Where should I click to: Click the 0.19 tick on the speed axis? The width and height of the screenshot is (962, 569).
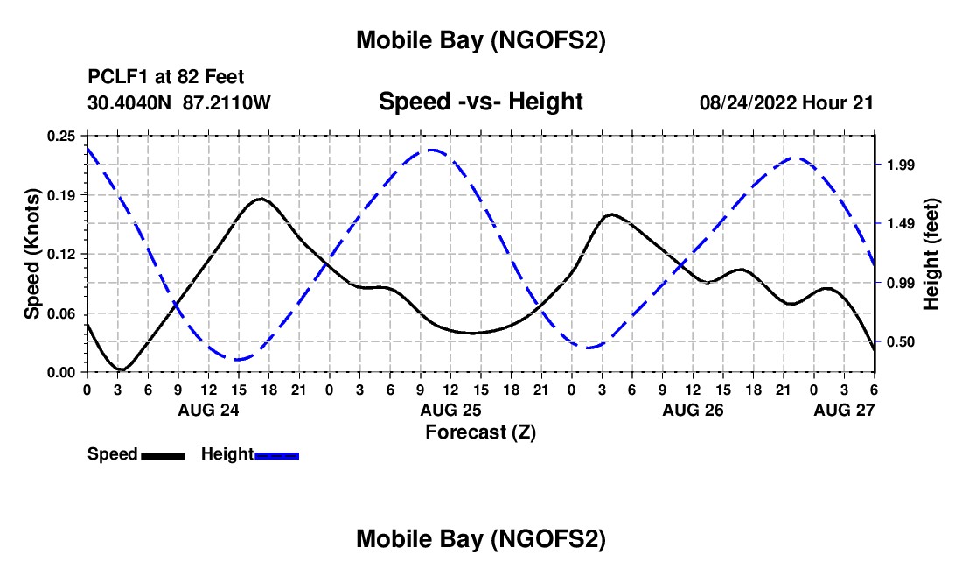click(64, 194)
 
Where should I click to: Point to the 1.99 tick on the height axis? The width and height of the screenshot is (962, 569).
click(900, 165)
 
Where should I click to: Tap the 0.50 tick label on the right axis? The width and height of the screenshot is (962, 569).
click(900, 342)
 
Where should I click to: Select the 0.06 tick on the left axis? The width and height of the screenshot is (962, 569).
click(64, 313)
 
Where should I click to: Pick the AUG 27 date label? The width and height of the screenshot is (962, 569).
click(843, 410)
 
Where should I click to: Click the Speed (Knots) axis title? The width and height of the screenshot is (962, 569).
click(32, 253)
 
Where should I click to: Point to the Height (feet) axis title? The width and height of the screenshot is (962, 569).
click(932, 253)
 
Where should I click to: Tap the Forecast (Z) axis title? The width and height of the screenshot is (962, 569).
click(480, 432)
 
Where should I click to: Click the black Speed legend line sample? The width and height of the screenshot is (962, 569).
click(163, 455)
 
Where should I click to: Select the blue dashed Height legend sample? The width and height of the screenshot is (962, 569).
click(276, 455)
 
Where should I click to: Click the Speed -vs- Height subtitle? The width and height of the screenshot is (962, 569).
click(480, 102)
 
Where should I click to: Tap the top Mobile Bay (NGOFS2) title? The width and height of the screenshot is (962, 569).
click(480, 40)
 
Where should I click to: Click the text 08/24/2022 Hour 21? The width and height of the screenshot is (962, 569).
click(786, 103)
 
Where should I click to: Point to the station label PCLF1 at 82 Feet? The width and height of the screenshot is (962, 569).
click(166, 78)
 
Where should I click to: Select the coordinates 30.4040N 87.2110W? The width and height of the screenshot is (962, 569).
click(179, 103)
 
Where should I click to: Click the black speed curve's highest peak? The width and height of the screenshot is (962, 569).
click(260, 199)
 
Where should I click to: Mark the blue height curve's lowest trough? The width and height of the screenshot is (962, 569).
click(237, 359)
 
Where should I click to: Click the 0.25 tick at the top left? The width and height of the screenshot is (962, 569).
click(64, 136)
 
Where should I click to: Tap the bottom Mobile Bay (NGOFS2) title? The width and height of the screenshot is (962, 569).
click(480, 540)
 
